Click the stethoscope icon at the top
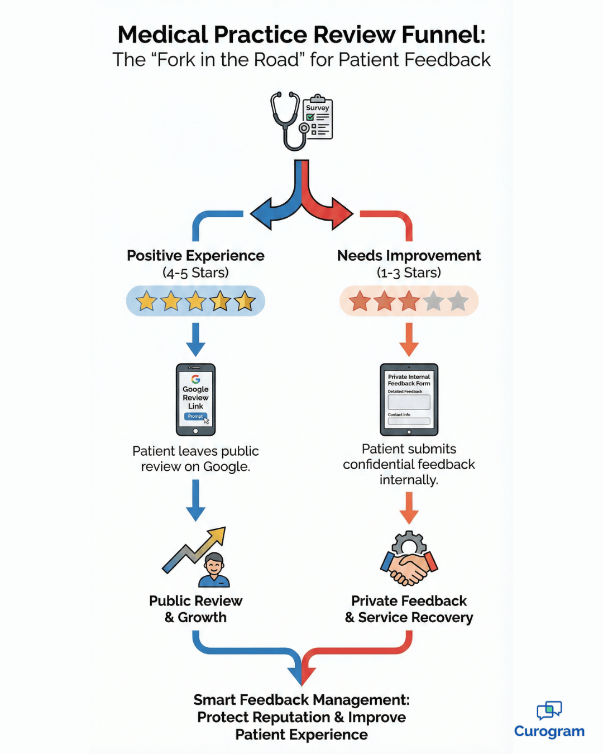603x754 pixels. pos(288,120)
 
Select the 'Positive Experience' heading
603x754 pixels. pos(195,256)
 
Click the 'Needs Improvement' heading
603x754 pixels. pos(409,256)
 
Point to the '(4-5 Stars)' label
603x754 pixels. pos(195,273)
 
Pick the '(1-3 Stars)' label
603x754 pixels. pos(409,273)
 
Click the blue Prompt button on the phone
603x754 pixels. pos(195,416)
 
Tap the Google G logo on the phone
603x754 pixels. pos(195,379)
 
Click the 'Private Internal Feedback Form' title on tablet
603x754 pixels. pos(409,380)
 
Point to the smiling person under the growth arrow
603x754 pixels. pos(214,570)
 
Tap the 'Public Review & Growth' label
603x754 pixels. pos(195,609)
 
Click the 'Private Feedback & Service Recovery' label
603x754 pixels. pos(409,609)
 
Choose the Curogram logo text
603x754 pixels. pos(549,731)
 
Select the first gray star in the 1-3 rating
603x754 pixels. pos(433,301)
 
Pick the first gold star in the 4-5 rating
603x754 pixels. pos(146,301)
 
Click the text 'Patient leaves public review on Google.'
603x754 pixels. pos(195,459)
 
